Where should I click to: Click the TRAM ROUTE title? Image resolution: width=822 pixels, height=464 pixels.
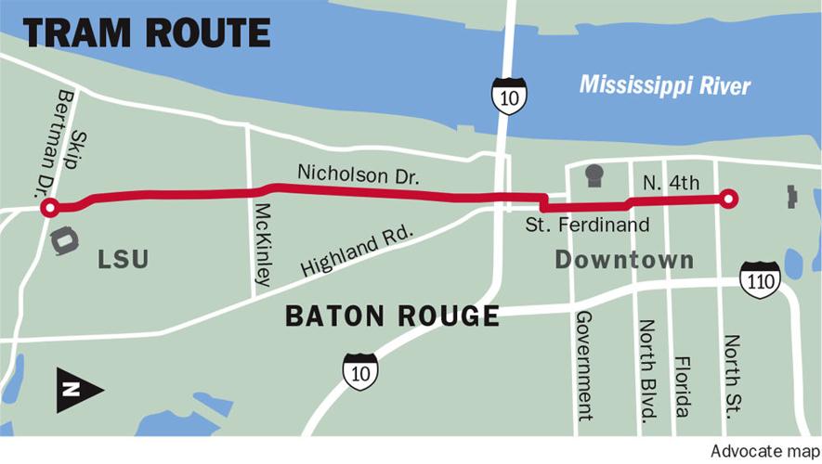146,33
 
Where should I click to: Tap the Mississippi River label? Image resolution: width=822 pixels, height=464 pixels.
664,85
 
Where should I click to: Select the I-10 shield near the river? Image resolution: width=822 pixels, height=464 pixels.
509,96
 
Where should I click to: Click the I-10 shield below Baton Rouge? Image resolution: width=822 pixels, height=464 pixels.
359,369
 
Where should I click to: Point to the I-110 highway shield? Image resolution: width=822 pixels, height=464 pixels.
760,279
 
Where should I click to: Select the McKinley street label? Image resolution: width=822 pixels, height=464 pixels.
265,244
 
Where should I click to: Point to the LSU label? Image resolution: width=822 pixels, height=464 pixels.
124,260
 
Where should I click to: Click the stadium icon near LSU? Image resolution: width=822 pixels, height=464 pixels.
64,241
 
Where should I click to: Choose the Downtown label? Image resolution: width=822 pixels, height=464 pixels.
624,260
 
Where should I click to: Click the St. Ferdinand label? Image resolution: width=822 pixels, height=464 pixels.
587,225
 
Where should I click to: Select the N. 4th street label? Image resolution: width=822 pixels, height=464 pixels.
671,184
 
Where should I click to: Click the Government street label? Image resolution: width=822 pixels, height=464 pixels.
584,366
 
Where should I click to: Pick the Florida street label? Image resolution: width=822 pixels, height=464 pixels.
682,386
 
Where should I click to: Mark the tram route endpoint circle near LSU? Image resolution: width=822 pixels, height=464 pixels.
50,208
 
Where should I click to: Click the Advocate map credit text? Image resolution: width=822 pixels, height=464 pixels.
761,451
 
